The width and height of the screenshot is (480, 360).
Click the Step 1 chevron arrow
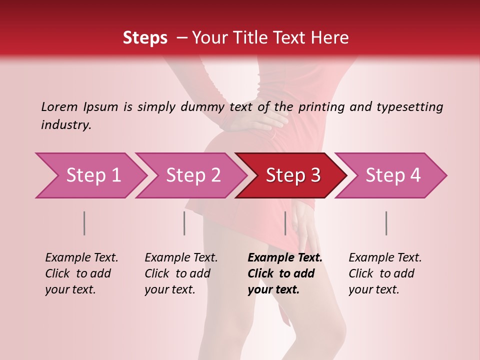tap(92, 175)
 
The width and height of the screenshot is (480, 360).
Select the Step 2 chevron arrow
tap(192, 175)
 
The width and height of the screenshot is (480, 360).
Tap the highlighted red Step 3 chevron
tap(292, 175)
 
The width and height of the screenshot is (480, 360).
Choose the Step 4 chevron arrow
tap(392, 175)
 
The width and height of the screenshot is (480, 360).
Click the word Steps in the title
tap(145, 38)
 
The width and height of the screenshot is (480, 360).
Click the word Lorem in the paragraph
tap(59, 106)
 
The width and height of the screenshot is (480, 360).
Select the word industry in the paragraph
tap(65, 125)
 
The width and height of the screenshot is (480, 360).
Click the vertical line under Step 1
tap(84, 223)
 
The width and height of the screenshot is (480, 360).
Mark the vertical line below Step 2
tap(184, 223)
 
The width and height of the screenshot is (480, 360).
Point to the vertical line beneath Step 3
tap(285, 223)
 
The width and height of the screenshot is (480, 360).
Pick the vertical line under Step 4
tap(386, 223)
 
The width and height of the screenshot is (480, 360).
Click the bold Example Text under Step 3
tap(285, 258)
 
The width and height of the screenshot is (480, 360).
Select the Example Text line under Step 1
tap(81, 258)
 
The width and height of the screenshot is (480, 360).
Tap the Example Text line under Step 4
tap(385, 258)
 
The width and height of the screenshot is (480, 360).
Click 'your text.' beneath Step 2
tap(169, 289)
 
